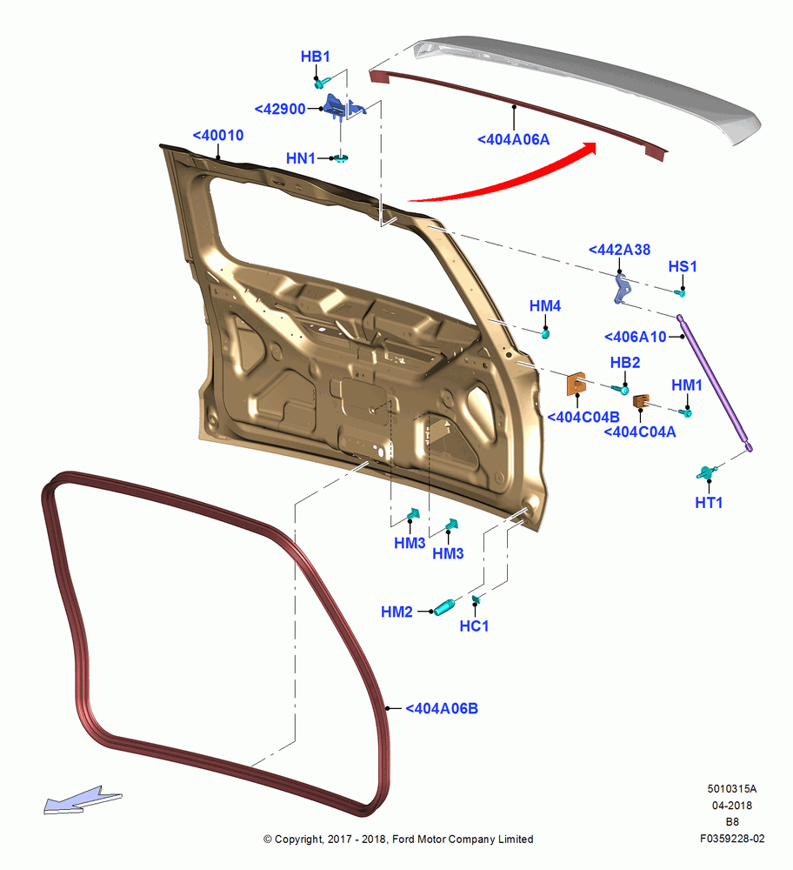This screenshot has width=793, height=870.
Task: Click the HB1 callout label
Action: (315, 57)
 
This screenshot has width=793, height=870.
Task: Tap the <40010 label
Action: (218, 136)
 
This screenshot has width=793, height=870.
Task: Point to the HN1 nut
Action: (341, 158)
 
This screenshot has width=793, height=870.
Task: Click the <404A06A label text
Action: (514, 140)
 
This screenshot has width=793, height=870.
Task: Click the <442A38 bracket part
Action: (623, 289)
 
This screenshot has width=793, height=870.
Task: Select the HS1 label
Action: (682, 267)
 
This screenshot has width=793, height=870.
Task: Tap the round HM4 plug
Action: (545, 333)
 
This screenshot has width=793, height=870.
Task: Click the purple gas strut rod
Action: (714, 383)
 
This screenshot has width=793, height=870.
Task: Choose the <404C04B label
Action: (583, 418)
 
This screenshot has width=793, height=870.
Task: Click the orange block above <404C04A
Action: (641, 400)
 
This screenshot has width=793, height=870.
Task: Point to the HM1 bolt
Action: (687, 412)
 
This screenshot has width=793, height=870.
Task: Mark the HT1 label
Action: (709, 503)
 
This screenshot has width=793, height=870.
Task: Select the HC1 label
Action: (474, 626)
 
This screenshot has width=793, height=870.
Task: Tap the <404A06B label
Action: (442, 709)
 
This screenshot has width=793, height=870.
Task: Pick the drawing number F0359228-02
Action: (732, 839)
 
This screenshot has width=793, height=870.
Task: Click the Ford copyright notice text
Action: (398, 840)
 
